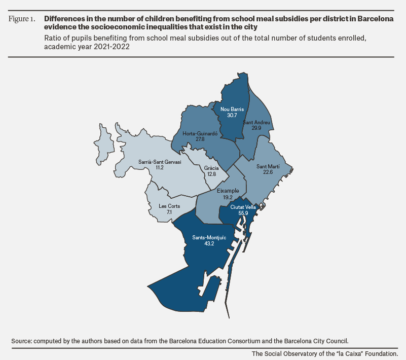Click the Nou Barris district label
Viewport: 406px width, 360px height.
tap(232, 110)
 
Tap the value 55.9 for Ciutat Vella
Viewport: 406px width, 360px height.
tap(243, 213)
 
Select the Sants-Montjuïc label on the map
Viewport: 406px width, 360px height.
tap(209, 237)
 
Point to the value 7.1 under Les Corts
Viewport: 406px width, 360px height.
tap(169, 212)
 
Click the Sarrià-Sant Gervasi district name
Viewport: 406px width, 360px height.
tap(160, 162)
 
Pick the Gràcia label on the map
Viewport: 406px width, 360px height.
tap(211, 168)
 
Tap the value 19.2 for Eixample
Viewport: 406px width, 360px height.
tap(228, 197)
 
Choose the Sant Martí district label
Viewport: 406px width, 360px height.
tap(268, 166)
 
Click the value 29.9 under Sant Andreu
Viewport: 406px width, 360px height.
tap(256, 128)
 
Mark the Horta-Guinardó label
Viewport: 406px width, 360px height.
tap(200, 134)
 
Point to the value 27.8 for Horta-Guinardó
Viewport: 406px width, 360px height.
tap(200, 139)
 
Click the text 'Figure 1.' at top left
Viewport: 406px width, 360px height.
tap(22, 19)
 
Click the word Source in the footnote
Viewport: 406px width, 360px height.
tap(22, 341)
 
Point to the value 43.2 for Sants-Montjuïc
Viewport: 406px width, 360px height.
tap(209, 243)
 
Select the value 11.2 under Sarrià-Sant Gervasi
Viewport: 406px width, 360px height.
tap(160, 167)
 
